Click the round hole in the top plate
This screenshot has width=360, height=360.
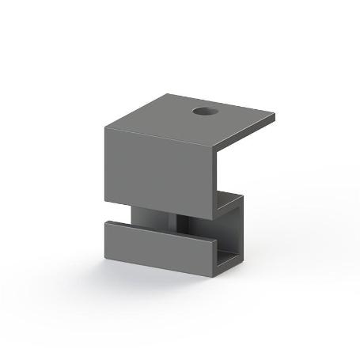204,112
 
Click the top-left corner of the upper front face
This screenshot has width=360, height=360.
104,126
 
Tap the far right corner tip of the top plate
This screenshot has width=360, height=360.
275,117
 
